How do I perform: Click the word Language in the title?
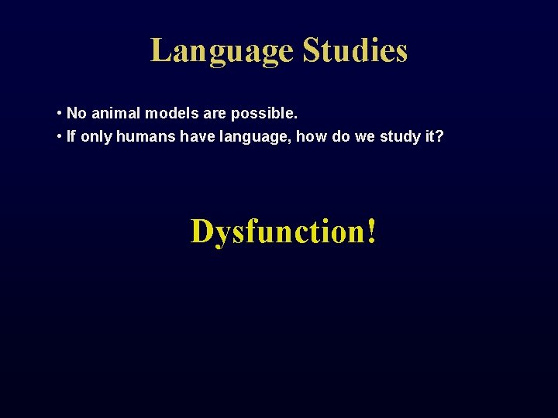click(222, 51)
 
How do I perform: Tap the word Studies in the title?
click(355, 51)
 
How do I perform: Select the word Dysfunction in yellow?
click(277, 231)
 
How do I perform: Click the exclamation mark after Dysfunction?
click(373, 231)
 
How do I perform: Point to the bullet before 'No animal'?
click(60, 114)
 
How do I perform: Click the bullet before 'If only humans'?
click(60, 137)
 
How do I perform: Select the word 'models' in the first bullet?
click(168, 114)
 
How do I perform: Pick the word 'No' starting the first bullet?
click(76, 114)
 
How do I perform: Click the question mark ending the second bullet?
click(440, 137)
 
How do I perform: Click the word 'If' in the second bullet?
click(71, 137)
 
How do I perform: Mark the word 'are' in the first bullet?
click(214, 114)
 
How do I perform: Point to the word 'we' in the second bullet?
click(366, 138)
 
